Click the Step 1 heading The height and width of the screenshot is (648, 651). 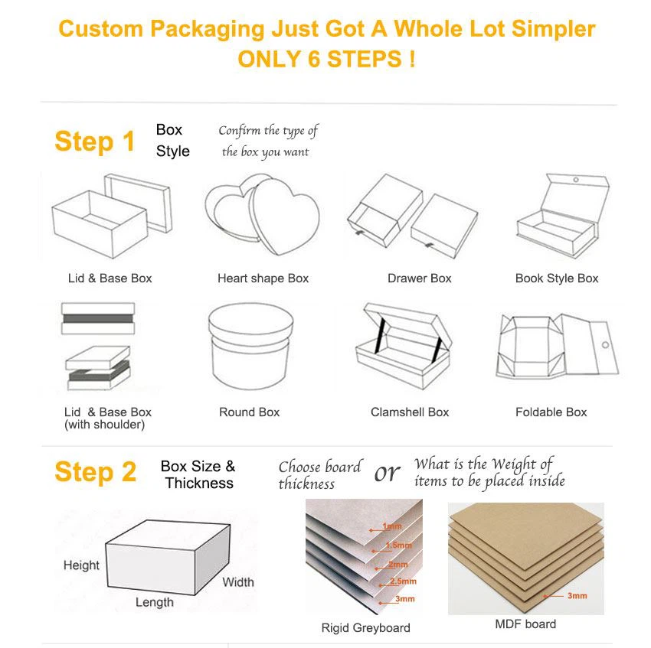click(94, 142)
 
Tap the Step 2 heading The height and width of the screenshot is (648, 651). click(95, 472)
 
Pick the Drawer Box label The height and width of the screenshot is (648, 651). click(419, 278)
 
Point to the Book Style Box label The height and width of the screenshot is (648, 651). click(557, 278)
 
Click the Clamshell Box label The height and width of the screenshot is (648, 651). click(410, 412)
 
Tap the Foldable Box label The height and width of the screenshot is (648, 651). click(551, 412)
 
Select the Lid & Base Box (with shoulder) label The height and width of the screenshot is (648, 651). click(107, 418)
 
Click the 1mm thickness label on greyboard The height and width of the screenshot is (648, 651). click(392, 527)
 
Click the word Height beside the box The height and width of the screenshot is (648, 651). click(81, 565)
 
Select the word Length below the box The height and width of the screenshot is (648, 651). click(155, 602)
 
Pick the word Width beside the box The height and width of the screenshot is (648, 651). click(238, 582)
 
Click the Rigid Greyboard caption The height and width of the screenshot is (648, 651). click(365, 628)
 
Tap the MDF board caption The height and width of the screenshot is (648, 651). click(525, 624)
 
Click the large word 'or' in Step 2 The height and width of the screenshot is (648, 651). click(387, 474)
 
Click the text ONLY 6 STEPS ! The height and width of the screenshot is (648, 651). click(326, 60)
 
